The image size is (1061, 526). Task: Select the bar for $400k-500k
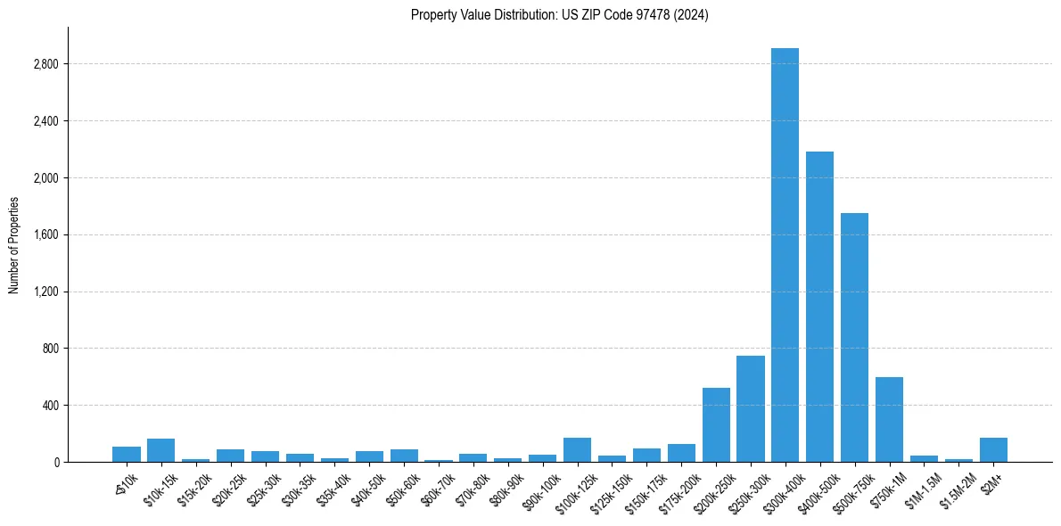(x=819, y=307)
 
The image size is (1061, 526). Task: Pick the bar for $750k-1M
(x=889, y=419)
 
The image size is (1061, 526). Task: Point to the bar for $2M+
(x=993, y=449)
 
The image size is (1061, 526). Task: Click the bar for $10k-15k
(x=160, y=450)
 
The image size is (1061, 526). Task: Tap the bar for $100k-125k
(x=577, y=449)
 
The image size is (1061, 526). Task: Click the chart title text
(x=559, y=15)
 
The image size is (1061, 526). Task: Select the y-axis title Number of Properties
(x=14, y=244)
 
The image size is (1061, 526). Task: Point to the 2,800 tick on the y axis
(x=45, y=64)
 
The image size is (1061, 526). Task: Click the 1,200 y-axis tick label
(x=45, y=292)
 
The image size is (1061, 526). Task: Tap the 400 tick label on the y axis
(x=50, y=406)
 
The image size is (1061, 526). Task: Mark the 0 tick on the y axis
(x=55, y=462)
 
